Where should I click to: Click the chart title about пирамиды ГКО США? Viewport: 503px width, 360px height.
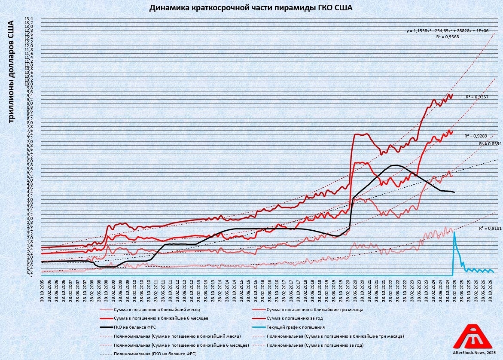251,8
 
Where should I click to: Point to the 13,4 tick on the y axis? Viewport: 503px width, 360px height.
28,19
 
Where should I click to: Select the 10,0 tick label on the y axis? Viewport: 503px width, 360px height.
28,84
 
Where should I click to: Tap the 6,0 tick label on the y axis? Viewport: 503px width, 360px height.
28,161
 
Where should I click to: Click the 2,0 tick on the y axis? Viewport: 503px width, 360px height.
28,238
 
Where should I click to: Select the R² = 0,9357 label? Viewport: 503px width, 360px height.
477,97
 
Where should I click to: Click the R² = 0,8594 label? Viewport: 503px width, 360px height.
490,143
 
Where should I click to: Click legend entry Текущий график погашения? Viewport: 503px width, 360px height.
294,327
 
